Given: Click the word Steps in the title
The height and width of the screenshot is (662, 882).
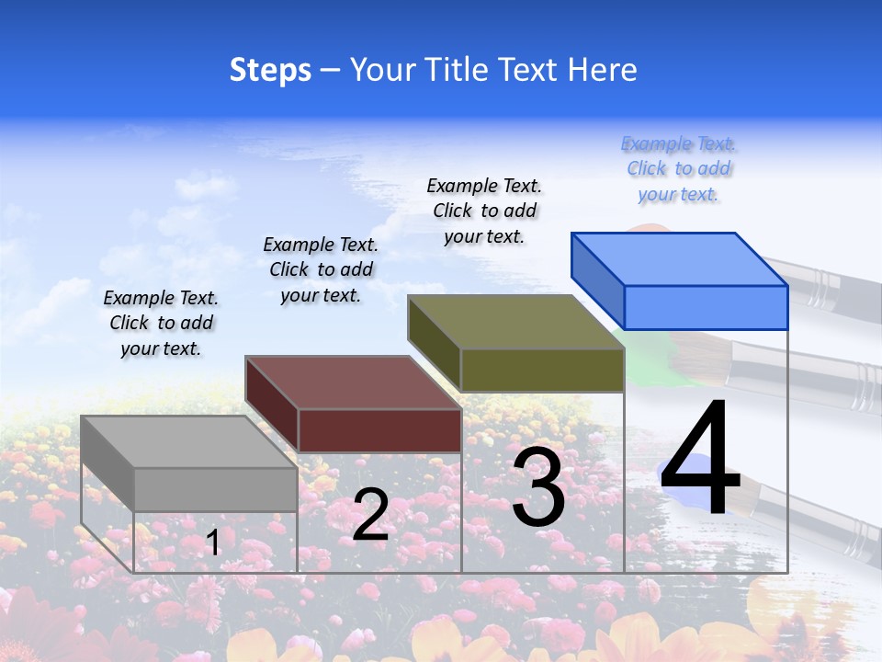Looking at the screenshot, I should click(269, 70).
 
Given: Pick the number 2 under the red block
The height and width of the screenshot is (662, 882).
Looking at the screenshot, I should click(371, 514).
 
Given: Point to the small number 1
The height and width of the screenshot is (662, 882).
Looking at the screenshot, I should click(212, 542).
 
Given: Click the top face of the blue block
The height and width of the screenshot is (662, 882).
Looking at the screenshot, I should click(680, 258).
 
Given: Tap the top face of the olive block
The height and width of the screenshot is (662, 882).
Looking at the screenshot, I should click(516, 322).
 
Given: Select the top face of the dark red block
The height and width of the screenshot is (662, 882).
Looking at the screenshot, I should click(353, 382).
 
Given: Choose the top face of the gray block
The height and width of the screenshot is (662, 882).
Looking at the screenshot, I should click(188, 442).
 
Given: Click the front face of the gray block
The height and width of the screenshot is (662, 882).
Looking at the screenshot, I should click(215, 489).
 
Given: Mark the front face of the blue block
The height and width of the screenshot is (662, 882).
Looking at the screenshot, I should click(706, 307).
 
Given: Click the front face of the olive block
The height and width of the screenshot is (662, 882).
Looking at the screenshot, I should click(542, 370).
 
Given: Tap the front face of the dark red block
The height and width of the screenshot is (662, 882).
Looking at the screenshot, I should click(379, 430).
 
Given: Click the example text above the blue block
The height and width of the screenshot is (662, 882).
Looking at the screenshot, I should click(679, 169).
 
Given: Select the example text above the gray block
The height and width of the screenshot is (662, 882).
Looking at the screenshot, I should click(161, 323).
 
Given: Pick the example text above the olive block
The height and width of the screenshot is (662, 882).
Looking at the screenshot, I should click(484, 211).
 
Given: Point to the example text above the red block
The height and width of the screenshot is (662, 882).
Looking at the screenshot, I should click(321, 269).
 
